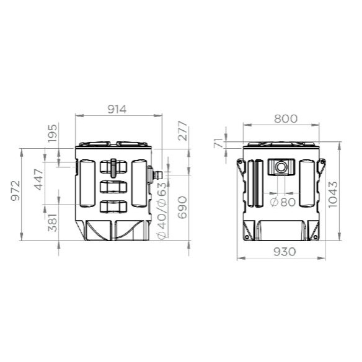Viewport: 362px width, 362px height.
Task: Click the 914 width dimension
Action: click(117, 110)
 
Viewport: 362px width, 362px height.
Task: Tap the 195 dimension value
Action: click(52, 133)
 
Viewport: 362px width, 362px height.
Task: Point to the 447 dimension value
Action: click(39, 179)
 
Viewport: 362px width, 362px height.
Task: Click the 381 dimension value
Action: click(52, 223)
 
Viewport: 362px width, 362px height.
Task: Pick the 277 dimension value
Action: click(183, 131)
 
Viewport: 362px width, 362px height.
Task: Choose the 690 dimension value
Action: click(182, 207)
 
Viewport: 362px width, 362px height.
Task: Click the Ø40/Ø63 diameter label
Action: click(162, 211)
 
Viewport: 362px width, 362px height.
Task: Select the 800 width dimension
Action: click(286, 118)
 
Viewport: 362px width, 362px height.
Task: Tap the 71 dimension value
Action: click(218, 143)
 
